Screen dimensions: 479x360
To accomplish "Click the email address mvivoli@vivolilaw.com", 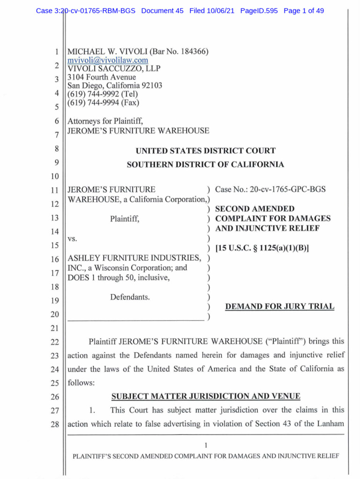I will pos(108,60).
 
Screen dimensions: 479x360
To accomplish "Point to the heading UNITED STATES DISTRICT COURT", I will pos(205,151).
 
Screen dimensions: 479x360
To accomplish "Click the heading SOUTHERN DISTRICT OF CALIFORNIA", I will pos(205,164).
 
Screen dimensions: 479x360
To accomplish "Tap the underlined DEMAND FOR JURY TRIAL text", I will pos(280,307).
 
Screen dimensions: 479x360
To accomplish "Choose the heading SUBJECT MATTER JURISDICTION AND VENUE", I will pos(205,397).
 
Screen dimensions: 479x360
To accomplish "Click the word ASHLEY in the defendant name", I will pos(83,258).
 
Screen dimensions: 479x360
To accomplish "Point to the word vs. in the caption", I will pos(73,238).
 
